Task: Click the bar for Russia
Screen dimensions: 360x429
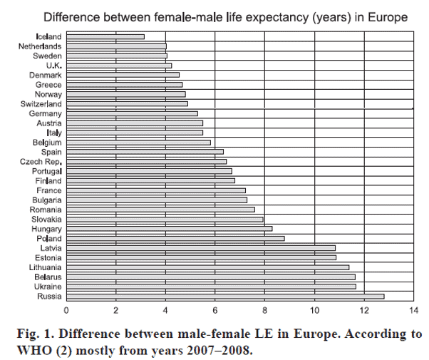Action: (x=225, y=296)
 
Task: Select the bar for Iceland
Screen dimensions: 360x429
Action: (x=105, y=36)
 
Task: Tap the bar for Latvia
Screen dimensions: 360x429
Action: (x=201, y=248)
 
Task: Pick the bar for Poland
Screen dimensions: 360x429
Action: (x=175, y=238)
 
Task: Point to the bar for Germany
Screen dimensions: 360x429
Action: (x=132, y=113)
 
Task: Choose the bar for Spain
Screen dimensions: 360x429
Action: (x=145, y=152)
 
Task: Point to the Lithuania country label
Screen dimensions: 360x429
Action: (x=45, y=267)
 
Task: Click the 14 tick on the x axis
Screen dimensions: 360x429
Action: (x=413, y=310)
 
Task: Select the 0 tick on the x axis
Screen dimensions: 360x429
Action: (x=66, y=310)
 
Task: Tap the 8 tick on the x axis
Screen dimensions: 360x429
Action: (x=264, y=310)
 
